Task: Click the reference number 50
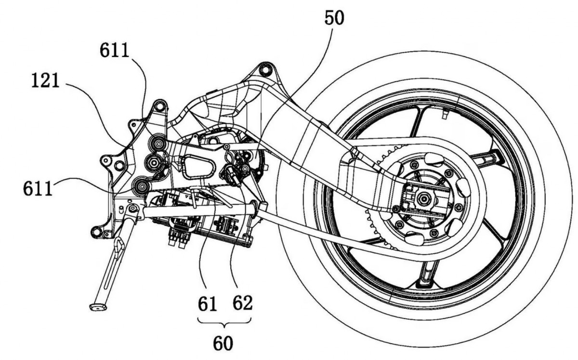pyautogui.click(x=334, y=18)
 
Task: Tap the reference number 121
pyautogui.click(x=45, y=80)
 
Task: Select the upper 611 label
pyautogui.click(x=114, y=50)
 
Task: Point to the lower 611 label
pyautogui.click(x=38, y=188)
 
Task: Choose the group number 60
pyautogui.click(x=223, y=343)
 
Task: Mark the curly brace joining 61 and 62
pyautogui.click(x=224, y=323)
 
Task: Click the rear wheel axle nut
pyautogui.click(x=424, y=199)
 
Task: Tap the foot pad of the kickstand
pyautogui.click(x=98, y=307)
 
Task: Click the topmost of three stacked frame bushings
pyautogui.click(x=157, y=143)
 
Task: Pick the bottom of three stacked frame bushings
pyautogui.click(x=141, y=186)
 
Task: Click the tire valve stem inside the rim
pyautogui.click(x=444, y=114)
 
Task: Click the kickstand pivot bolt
pyautogui.click(x=132, y=208)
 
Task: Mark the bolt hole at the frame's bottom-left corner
pyautogui.click(x=96, y=232)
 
